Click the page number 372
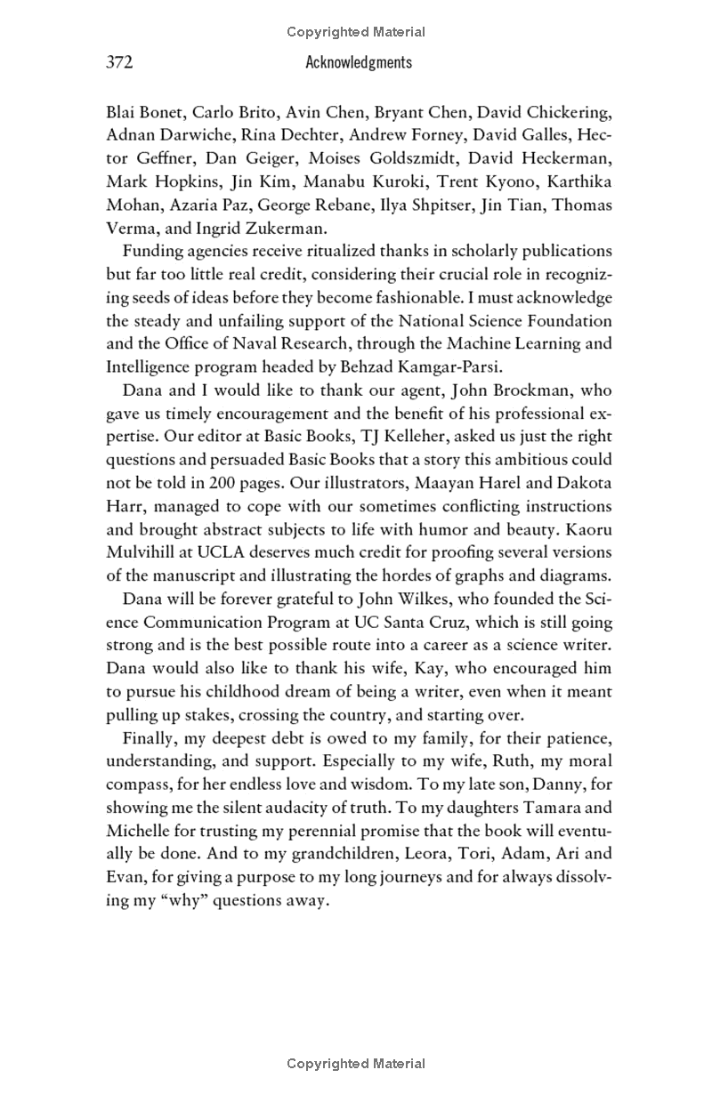tap(119, 62)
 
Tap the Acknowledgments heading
tap(359, 62)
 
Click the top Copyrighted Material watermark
tap(356, 32)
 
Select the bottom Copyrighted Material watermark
tap(356, 1064)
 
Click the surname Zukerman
tap(283, 228)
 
